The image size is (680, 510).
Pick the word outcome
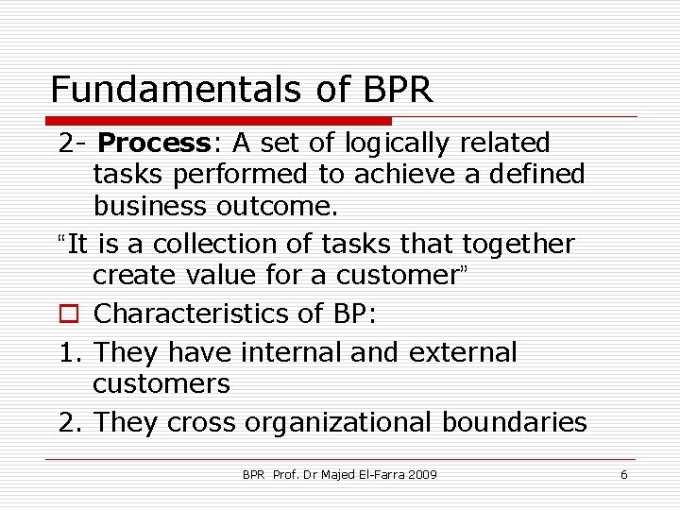[x=285, y=206]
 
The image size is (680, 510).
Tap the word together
[x=518, y=244]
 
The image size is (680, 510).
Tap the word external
[x=463, y=352]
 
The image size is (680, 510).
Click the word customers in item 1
[x=161, y=384]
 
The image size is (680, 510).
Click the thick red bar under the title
[x=219, y=121]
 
